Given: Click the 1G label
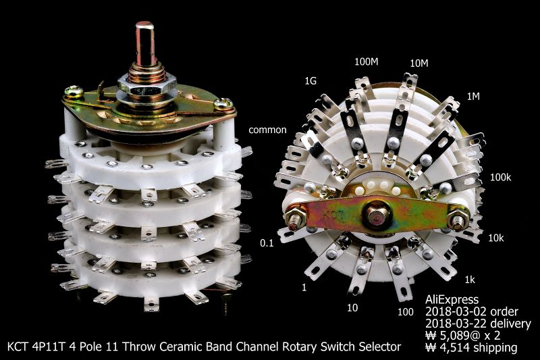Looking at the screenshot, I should [x=310, y=80].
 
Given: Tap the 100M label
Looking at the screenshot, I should [x=366, y=62].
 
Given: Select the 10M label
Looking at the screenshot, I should [x=419, y=63].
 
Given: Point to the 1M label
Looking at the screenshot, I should [x=472, y=97].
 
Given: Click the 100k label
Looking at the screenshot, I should [x=501, y=177].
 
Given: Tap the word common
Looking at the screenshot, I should [x=268, y=129].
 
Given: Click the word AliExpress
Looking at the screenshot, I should [x=452, y=299].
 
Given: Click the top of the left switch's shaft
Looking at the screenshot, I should [x=144, y=27].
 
